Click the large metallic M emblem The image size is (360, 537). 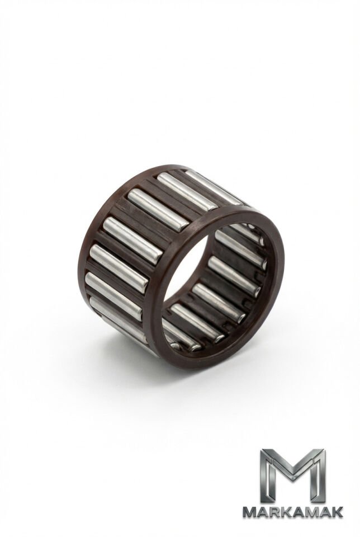point(292,475)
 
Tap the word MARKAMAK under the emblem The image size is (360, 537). point(292,512)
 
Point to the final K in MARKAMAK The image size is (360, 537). point(338,512)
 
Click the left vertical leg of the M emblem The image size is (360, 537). point(267,476)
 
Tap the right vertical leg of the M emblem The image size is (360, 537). point(319,476)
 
